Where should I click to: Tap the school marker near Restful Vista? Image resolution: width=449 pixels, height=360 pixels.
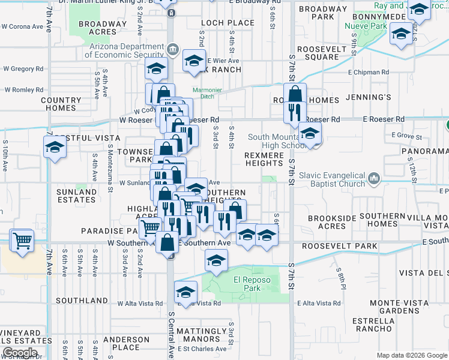tap(55, 146)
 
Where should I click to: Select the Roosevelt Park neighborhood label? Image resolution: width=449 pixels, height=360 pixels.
tap(339, 246)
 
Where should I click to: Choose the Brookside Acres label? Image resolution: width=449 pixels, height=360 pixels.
tap(327, 223)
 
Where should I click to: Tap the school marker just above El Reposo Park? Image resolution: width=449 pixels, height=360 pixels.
tap(216, 259)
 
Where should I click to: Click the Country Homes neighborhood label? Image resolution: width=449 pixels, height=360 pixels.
tap(61, 104)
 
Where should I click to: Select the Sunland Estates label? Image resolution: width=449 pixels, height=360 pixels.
tap(76, 196)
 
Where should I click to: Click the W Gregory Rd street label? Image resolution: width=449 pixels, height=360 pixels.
tap(23, 69)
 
